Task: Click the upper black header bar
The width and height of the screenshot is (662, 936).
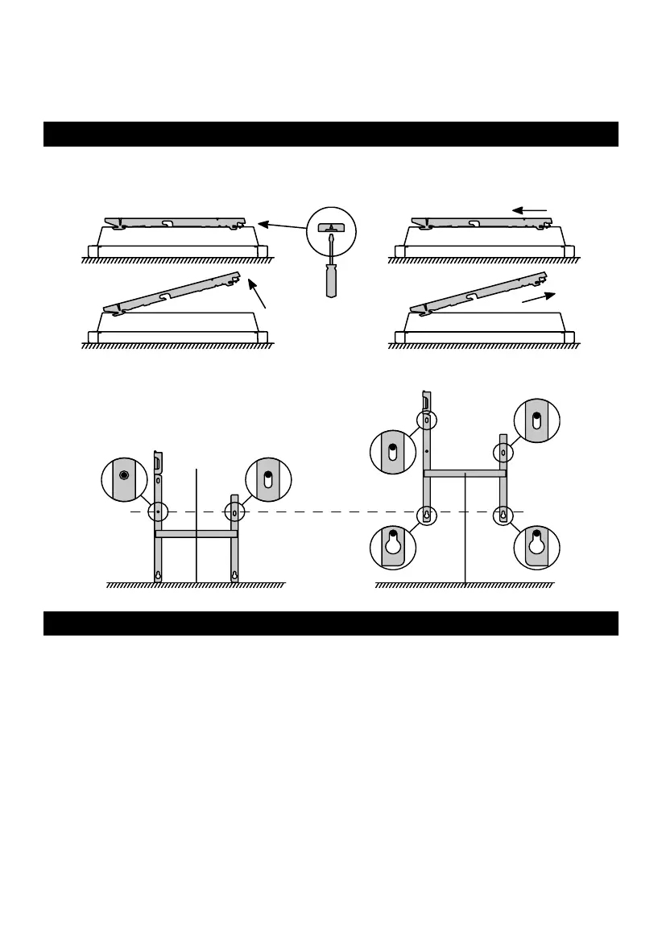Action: click(x=330, y=134)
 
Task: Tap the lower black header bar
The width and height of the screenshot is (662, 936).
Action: click(x=330, y=623)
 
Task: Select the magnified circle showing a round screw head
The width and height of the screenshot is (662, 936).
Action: click(x=123, y=476)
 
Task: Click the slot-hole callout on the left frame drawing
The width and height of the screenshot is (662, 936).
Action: click(x=267, y=476)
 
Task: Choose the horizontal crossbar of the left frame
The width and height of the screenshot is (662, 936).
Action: click(x=196, y=533)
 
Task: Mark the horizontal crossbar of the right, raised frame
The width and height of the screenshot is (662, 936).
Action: click(x=465, y=474)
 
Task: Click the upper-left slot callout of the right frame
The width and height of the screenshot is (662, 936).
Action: click(x=391, y=452)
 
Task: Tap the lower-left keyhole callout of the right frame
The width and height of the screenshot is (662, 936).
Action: click(x=392, y=548)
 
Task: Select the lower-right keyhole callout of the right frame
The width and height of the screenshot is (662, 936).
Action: click(x=536, y=548)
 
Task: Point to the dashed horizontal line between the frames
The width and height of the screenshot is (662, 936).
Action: click(x=322, y=511)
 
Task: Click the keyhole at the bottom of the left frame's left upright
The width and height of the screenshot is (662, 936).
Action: click(x=159, y=575)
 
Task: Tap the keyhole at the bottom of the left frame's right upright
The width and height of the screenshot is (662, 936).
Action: click(x=234, y=575)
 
